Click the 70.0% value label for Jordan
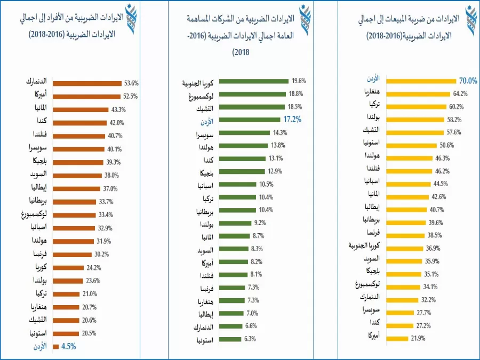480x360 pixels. pyautogui.click(x=468, y=81)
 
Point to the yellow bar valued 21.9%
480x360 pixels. pyautogui.click(x=397, y=338)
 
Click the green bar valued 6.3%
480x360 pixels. pyautogui.click(x=231, y=339)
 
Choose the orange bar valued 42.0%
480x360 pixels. pyautogui.click(x=81, y=123)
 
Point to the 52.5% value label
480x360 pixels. pyautogui.click(x=130, y=97)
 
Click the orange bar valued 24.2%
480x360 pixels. pyautogui.click(x=69, y=267)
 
